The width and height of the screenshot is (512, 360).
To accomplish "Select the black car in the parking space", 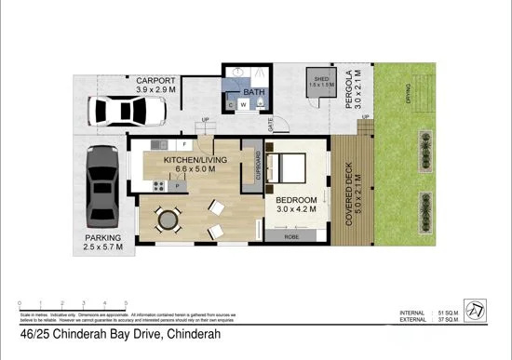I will point(101,186).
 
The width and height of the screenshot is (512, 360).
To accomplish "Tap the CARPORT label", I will point(155,81).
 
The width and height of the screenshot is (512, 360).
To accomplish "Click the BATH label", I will point(254,93).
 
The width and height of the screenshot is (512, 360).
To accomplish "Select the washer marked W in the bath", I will point(243,105).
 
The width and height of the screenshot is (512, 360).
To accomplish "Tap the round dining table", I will point(168,221).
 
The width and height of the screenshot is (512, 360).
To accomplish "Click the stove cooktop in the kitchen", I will point(159,185).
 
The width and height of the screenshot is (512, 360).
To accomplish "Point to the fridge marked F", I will point(185,145).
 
